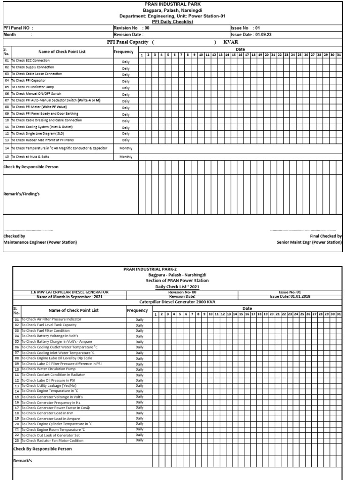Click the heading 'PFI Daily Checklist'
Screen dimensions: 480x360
[x=172, y=22]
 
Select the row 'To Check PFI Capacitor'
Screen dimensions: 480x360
[x=29, y=81]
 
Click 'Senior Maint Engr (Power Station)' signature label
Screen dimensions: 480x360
[x=309, y=242]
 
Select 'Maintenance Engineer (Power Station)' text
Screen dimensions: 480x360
[x=40, y=242]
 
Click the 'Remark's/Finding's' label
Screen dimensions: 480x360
[x=22, y=194]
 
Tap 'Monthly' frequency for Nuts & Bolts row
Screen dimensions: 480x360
[x=126, y=157]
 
